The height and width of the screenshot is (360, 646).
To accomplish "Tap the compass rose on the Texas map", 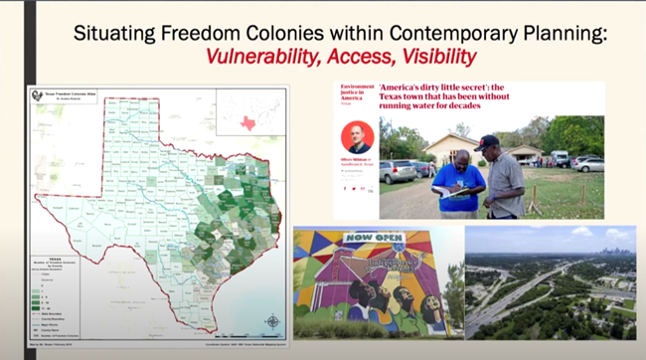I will pos(272,320).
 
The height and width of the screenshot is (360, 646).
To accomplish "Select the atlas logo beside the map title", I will pos(37,96).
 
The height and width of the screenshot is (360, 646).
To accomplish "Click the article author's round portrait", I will pos(357,136).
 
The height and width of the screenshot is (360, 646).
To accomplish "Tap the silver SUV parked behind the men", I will pos(399,170).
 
